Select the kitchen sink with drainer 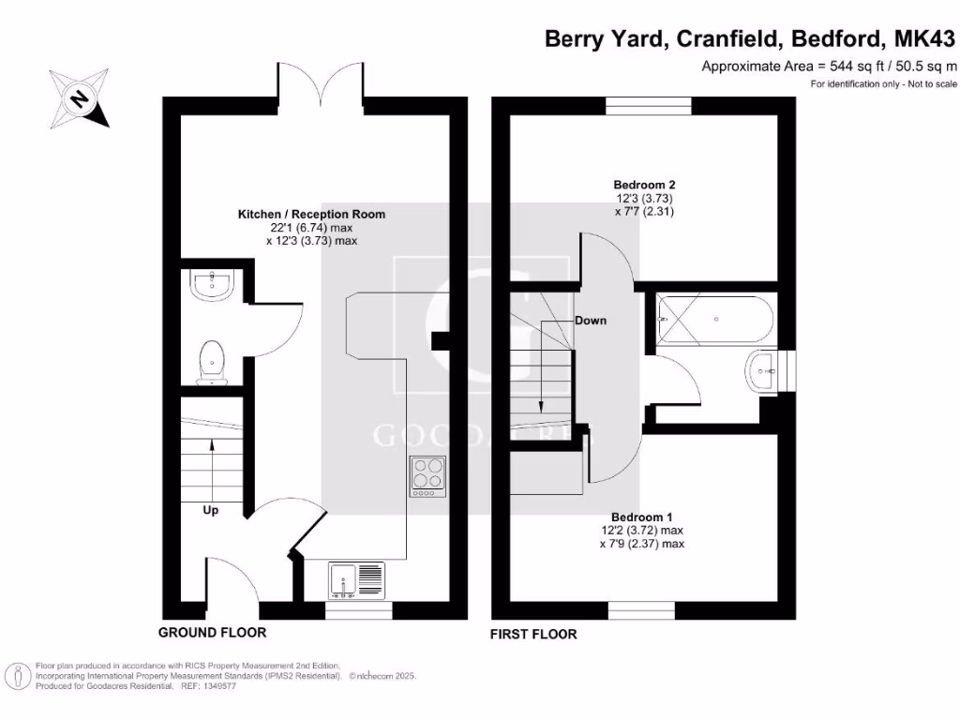(357, 580)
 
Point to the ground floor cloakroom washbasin (211, 285)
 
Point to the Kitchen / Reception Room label (311, 215)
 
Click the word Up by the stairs (213, 511)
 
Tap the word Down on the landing (591, 321)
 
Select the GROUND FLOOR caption (212, 633)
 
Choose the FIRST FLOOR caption (533, 635)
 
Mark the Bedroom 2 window (649, 105)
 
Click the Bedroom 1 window (641, 610)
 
